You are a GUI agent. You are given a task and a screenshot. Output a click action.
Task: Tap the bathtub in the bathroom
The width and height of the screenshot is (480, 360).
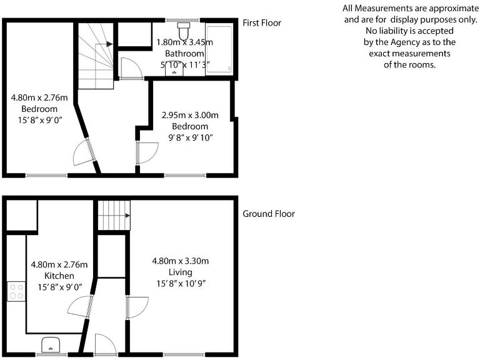click(x=219, y=49)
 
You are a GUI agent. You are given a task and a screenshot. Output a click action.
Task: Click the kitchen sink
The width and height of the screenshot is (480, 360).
click(x=50, y=345)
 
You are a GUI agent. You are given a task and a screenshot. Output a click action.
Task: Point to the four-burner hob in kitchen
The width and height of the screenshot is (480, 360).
click(x=16, y=292)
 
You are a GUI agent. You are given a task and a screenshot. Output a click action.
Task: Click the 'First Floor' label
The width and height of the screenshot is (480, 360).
click(x=262, y=23)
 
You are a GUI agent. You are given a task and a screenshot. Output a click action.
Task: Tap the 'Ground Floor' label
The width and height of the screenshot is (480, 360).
click(x=269, y=214)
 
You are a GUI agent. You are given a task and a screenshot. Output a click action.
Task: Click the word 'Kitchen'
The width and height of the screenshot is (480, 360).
click(x=59, y=276)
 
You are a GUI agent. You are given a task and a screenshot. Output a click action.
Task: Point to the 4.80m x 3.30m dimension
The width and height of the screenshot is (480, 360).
click(x=180, y=261)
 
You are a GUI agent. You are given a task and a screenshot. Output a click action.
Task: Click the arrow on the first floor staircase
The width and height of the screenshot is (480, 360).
click(x=109, y=44)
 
